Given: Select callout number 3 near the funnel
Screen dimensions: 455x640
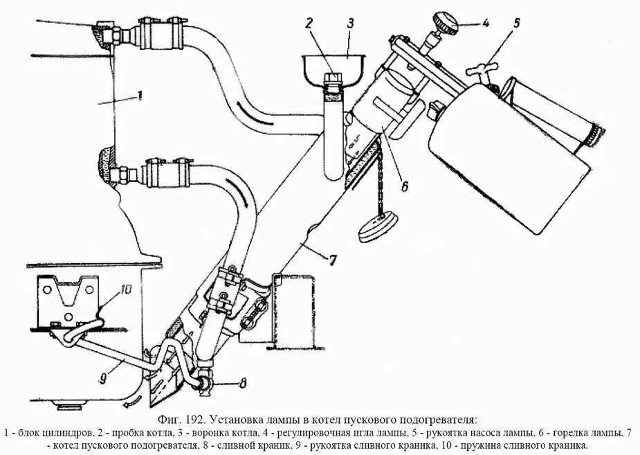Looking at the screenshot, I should pyautogui.click(x=351, y=22).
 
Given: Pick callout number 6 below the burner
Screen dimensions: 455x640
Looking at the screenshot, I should pyautogui.click(x=405, y=185).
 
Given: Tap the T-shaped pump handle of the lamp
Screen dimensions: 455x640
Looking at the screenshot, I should pyautogui.click(x=483, y=69).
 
